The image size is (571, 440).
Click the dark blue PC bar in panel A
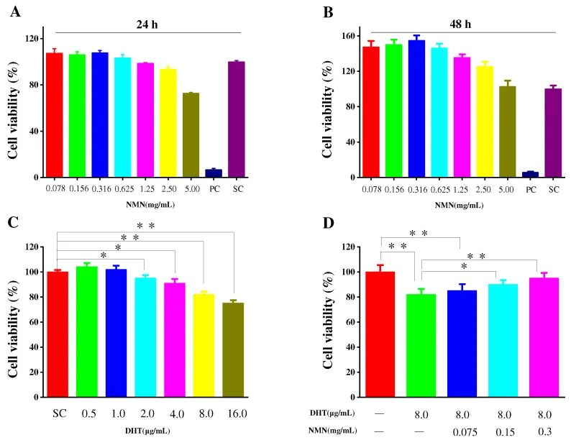coord(213,173)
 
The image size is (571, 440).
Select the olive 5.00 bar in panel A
coord(191,135)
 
